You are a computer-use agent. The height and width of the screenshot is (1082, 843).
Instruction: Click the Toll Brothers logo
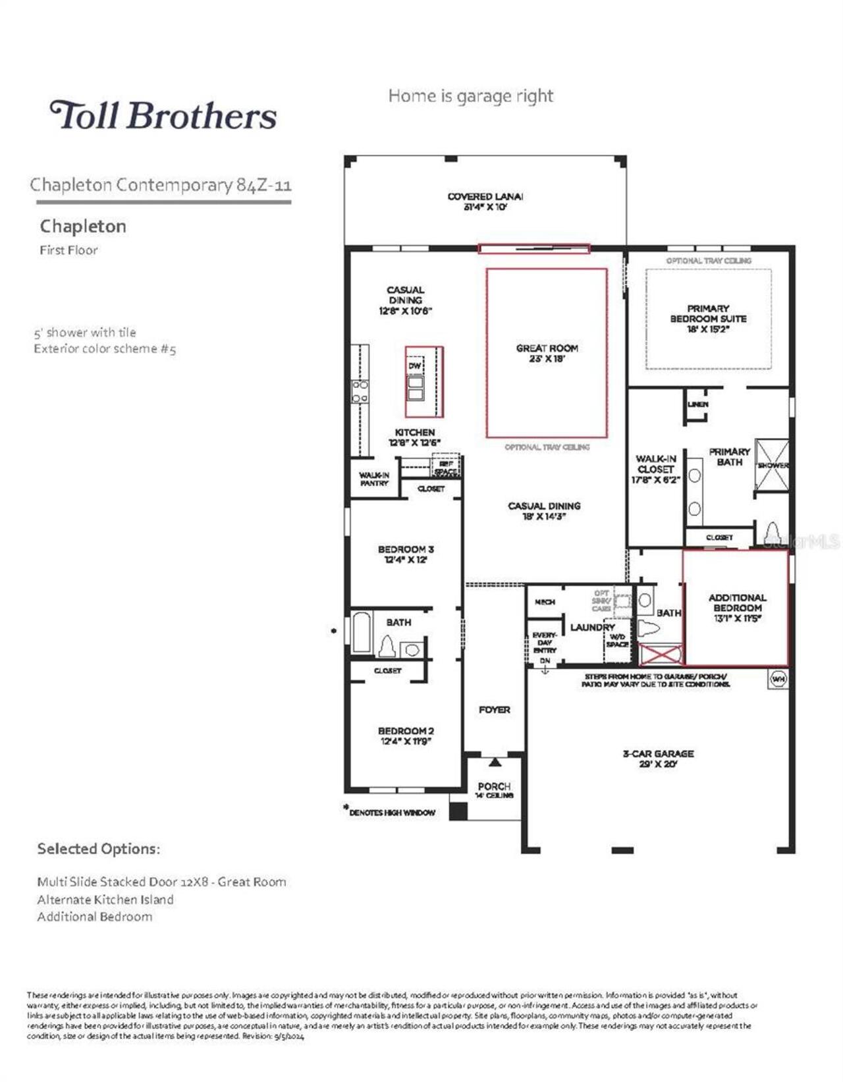tap(163, 115)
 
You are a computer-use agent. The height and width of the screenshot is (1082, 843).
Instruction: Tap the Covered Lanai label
tap(485, 201)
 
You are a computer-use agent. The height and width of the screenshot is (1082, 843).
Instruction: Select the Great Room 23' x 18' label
tap(547, 353)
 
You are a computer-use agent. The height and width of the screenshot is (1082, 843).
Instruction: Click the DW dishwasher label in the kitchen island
tap(414, 365)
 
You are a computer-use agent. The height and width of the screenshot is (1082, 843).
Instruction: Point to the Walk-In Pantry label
tap(374, 479)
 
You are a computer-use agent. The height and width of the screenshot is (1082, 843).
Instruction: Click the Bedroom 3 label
tap(406, 554)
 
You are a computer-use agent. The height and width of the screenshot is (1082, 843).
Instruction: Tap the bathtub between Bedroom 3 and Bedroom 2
tap(362, 633)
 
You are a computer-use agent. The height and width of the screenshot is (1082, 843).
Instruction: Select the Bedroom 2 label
tap(406, 736)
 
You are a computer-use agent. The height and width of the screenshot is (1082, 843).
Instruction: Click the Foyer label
tap(494, 709)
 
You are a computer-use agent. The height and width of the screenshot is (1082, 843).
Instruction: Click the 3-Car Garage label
tap(658, 758)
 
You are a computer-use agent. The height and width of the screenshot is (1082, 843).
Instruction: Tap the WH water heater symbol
tap(778, 679)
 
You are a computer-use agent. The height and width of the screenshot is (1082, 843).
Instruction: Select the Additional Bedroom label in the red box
tap(737, 608)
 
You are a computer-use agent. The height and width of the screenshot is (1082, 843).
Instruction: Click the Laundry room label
tap(591, 627)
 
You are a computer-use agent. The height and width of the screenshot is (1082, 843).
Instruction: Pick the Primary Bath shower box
tap(771, 465)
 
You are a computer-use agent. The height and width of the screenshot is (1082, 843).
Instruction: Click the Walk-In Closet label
tap(655, 469)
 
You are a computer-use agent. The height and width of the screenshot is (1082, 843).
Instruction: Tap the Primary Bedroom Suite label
tap(708, 318)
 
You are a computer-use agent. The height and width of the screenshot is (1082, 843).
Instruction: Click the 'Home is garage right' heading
tap(470, 96)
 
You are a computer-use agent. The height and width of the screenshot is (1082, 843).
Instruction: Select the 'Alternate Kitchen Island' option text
tap(105, 899)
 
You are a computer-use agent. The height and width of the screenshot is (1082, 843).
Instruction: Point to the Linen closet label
tap(697, 404)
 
